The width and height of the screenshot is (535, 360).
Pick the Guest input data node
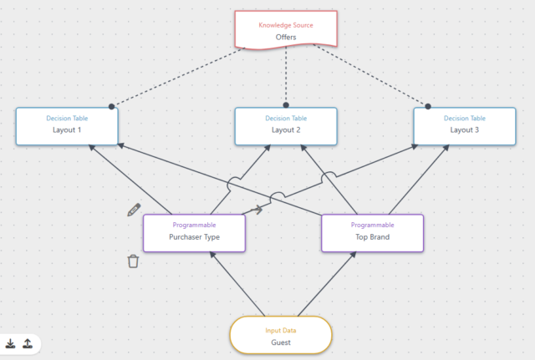[x=281, y=336]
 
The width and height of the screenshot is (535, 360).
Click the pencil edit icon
[x=134, y=209]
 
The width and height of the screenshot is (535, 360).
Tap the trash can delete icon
[x=133, y=261]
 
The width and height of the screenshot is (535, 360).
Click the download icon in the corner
[x=11, y=343]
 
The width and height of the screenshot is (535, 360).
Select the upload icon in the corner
[x=28, y=343]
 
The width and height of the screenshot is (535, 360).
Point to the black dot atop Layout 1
[x=111, y=106]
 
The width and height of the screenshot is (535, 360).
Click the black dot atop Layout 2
[x=286, y=105]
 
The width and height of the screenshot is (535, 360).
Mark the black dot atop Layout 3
[x=428, y=106]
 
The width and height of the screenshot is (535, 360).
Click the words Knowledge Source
[x=286, y=25]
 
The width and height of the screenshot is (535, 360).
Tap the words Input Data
[x=281, y=330]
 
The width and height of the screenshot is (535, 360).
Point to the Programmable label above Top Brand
[x=372, y=225]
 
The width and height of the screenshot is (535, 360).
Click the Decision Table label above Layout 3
[x=465, y=118]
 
